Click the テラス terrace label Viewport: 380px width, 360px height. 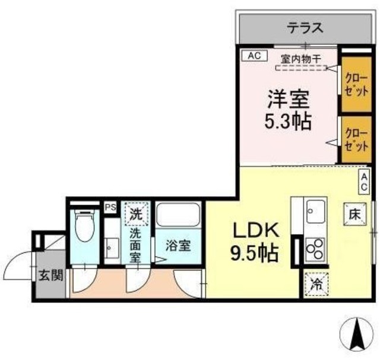tap(305, 27)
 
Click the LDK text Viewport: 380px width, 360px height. tap(252, 230)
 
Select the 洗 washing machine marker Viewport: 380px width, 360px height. tap(137, 214)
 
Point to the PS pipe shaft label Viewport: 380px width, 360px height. tap(110, 208)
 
